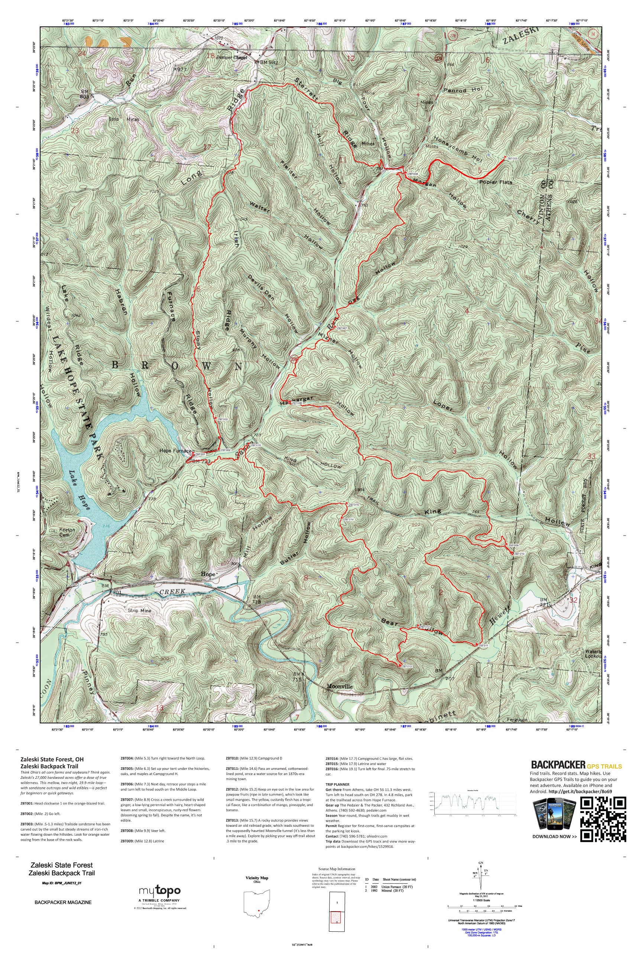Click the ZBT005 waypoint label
(513, 158)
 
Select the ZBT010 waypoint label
(519, 554)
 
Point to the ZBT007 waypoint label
(342, 328)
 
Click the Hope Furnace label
(175, 451)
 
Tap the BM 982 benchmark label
(269, 62)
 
